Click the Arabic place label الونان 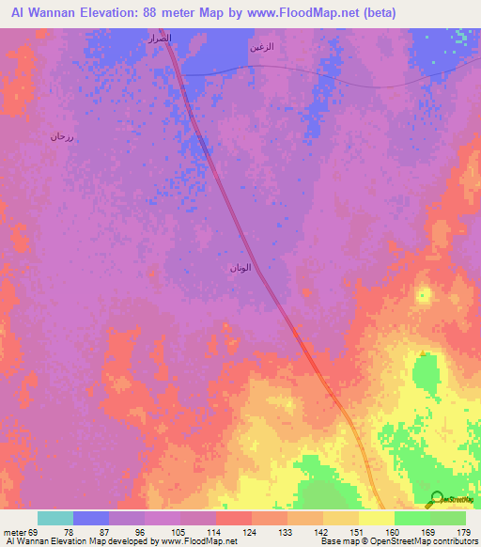(x=240, y=268)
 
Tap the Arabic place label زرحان (x=62, y=137)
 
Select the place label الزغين (x=262, y=47)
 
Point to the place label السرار (x=157, y=39)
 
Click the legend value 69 (x=33, y=533)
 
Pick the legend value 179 (x=463, y=533)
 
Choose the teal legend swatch (x=55, y=518)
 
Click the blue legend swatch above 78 (x=91, y=518)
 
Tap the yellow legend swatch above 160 (x=376, y=518)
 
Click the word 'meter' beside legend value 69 (x=13, y=533)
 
